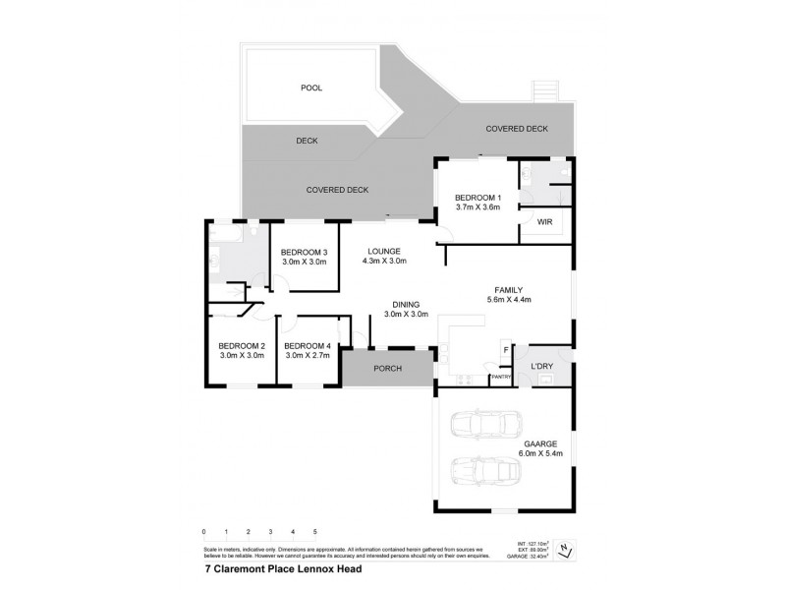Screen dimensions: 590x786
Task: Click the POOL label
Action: coord(310,88)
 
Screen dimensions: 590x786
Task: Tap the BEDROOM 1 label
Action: coord(478,197)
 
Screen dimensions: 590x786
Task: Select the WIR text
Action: coord(545,222)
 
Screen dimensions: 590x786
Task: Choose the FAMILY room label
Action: coord(508,289)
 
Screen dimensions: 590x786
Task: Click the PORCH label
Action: coord(386,368)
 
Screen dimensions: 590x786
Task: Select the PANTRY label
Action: coord(500,377)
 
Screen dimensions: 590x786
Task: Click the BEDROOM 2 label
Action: coord(242,345)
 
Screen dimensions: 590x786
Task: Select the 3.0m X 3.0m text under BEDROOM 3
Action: coord(304,263)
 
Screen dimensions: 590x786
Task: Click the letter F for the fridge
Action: coord(506,349)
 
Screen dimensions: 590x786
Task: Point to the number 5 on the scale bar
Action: coord(314,532)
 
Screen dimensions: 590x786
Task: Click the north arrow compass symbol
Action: coord(565,549)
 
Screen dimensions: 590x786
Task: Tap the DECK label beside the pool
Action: coord(308,141)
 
